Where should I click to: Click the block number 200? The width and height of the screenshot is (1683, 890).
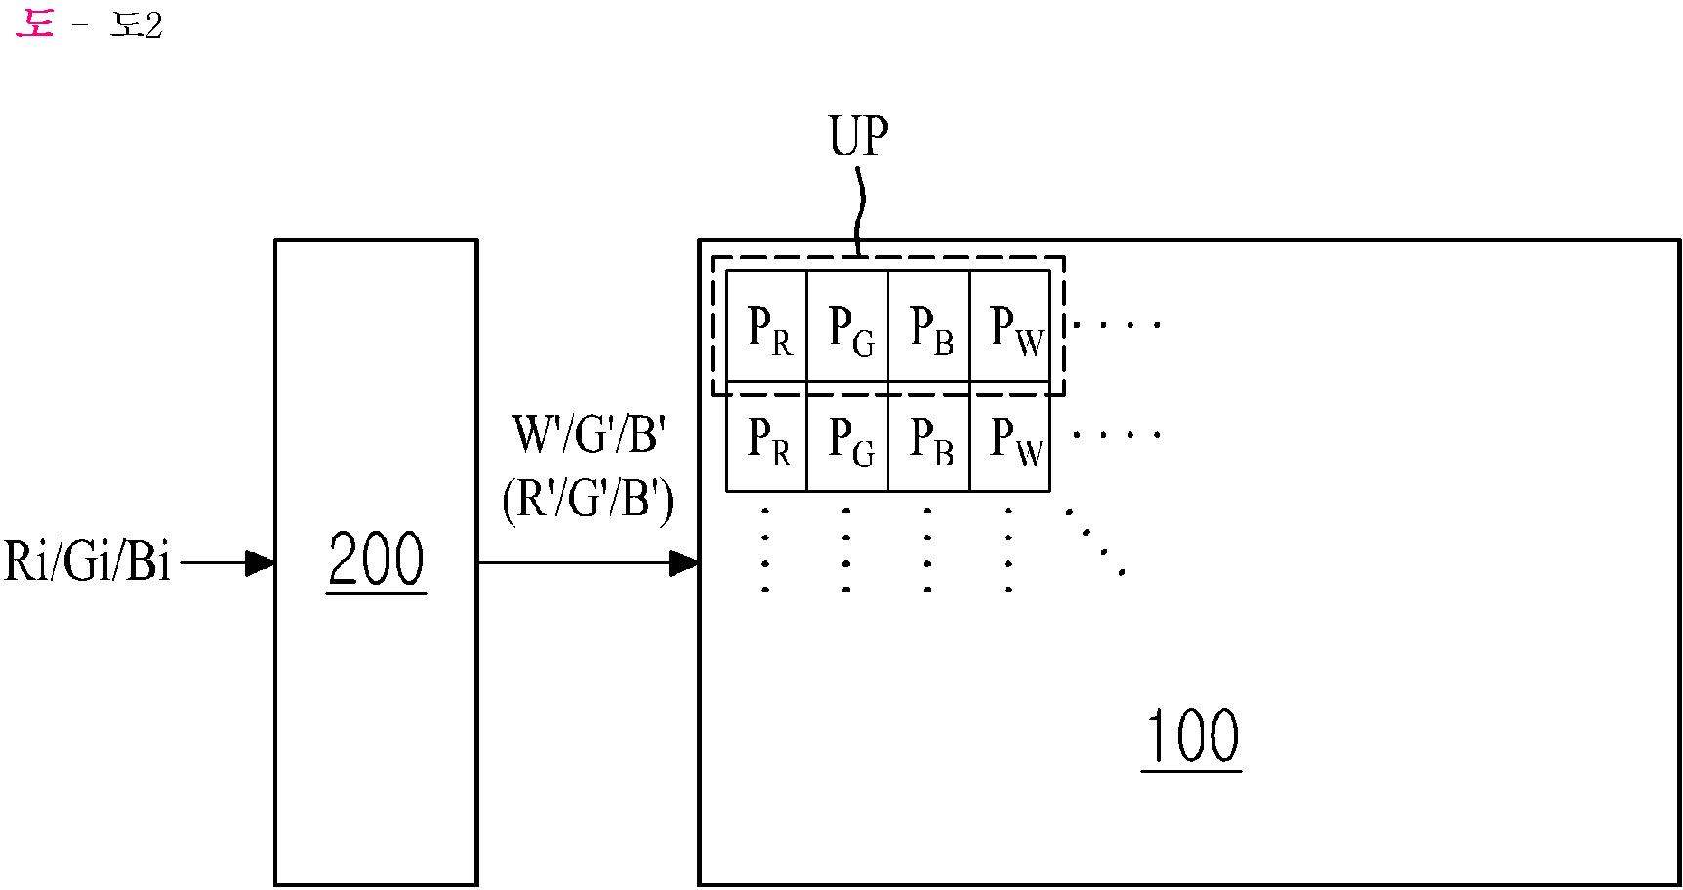[376, 560]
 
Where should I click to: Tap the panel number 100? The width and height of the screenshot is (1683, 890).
[1191, 738]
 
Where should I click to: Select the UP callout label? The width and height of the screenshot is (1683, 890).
[858, 137]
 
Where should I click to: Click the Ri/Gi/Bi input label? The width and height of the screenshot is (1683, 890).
[88, 561]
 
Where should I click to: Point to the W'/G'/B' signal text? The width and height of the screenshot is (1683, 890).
[589, 434]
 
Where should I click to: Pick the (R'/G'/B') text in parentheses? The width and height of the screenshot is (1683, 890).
[588, 501]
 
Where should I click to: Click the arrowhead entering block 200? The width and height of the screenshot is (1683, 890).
[261, 563]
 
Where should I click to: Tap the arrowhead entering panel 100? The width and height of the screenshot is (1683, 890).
[684, 563]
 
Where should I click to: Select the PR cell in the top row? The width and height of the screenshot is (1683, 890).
[767, 326]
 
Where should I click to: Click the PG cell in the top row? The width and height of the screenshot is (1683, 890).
[848, 326]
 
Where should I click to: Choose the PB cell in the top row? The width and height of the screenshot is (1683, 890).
[929, 326]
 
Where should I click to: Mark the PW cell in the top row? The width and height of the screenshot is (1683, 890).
[1010, 326]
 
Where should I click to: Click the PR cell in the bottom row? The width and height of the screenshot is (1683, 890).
[767, 436]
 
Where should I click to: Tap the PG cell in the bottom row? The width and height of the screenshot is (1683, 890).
[848, 436]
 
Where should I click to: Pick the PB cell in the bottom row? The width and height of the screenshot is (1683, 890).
[929, 436]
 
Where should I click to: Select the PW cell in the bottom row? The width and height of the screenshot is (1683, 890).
[1010, 436]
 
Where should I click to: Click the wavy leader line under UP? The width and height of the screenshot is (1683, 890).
[860, 211]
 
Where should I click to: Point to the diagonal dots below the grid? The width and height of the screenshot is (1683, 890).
[1095, 542]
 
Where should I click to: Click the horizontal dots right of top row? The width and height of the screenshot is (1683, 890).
[1117, 324]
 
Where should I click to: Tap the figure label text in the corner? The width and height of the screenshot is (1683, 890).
[89, 23]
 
